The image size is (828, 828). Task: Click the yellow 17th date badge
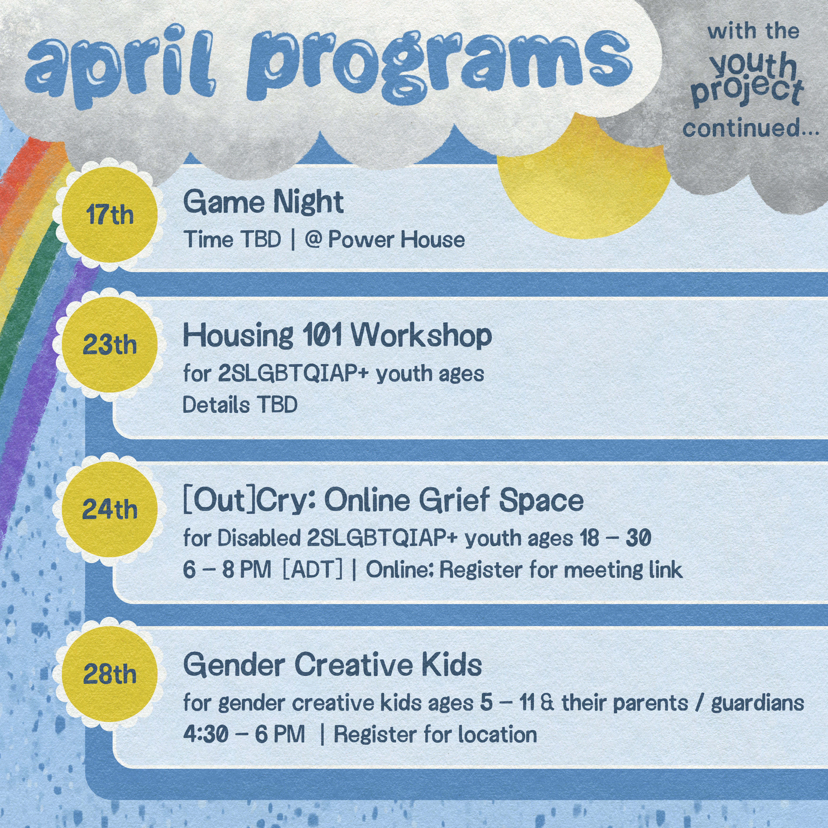(109, 215)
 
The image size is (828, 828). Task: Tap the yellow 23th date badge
(109, 345)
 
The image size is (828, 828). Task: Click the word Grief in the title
(454, 500)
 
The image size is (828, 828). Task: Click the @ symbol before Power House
(313, 239)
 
